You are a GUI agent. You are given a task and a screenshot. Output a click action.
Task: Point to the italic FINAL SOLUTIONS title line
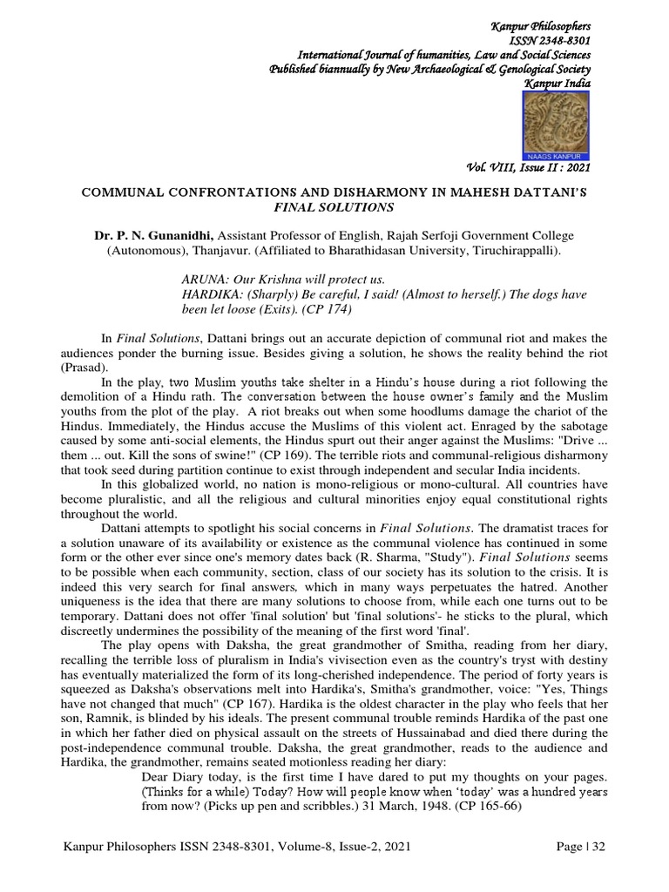pyautogui.click(x=334, y=207)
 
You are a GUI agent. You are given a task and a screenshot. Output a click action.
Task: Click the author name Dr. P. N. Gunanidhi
pyautogui.click(x=154, y=235)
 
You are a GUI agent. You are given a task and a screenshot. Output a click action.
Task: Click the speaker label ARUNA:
pyautogui.click(x=202, y=279)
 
